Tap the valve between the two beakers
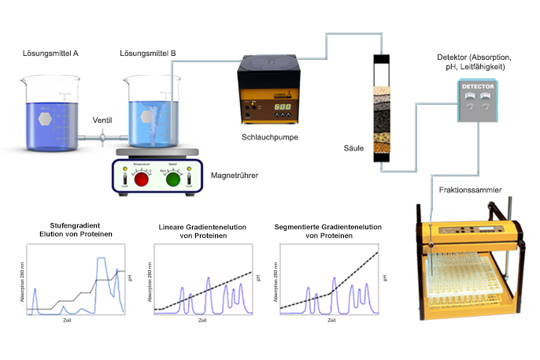(102, 139)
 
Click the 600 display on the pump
(282, 107)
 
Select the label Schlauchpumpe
(270, 137)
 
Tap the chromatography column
(382, 110)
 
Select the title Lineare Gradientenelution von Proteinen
(202, 231)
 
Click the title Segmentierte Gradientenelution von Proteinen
(327, 231)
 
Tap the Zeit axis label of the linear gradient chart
(202, 320)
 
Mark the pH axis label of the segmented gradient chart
(385, 278)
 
